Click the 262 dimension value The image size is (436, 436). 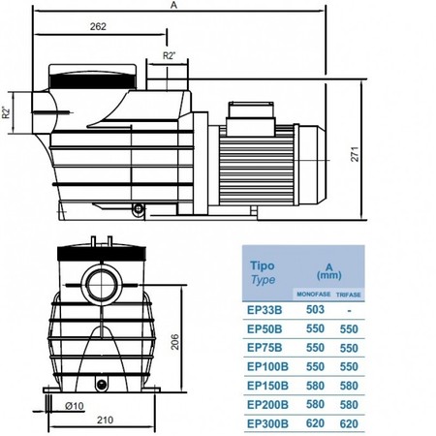(98, 26)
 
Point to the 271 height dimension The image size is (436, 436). (355, 154)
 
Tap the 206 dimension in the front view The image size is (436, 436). (174, 342)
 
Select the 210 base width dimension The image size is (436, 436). (105, 420)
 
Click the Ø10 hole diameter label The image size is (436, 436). (75, 406)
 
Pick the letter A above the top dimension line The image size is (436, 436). (173, 5)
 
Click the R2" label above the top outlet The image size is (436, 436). (169, 56)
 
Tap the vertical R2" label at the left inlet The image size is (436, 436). (7, 112)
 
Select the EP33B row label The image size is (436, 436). (265, 310)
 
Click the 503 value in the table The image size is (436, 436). (315, 309)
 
